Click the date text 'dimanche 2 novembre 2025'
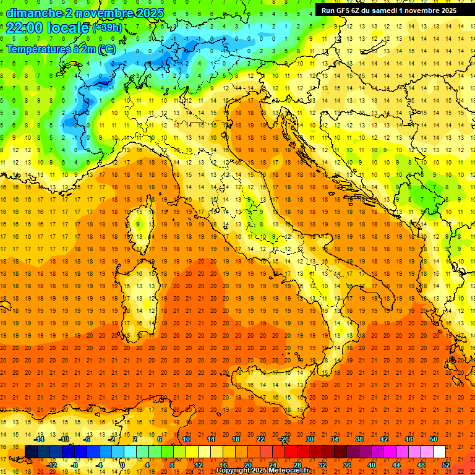(x=85, y=13)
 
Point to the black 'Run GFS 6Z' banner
(x=389, y=10)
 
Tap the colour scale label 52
(x=445, y=464)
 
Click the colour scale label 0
(x=122, y=464)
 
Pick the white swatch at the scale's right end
(x=439, y=451)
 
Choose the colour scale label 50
(x=433, y=439)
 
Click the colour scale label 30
(x=309, y=439)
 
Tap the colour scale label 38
(x=359, y=439)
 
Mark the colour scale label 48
(x=421, y=464)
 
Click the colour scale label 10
(x=186, y=439)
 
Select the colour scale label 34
(x=334, y=439)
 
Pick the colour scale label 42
(x=383, y=439)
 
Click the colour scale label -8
(x=75, y=464)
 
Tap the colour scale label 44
(x=396, y=464)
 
